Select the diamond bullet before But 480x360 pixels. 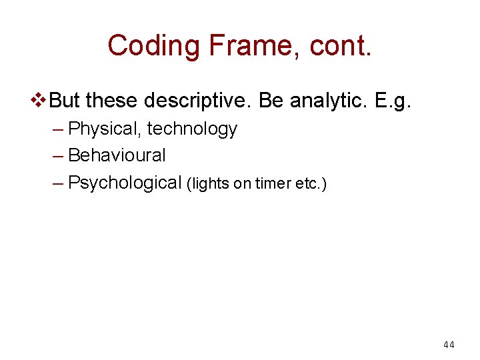tap(40, 101)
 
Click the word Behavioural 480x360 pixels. tap(117, 155)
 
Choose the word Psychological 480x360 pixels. tap(125, 183)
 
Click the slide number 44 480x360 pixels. tap(449, 345)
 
